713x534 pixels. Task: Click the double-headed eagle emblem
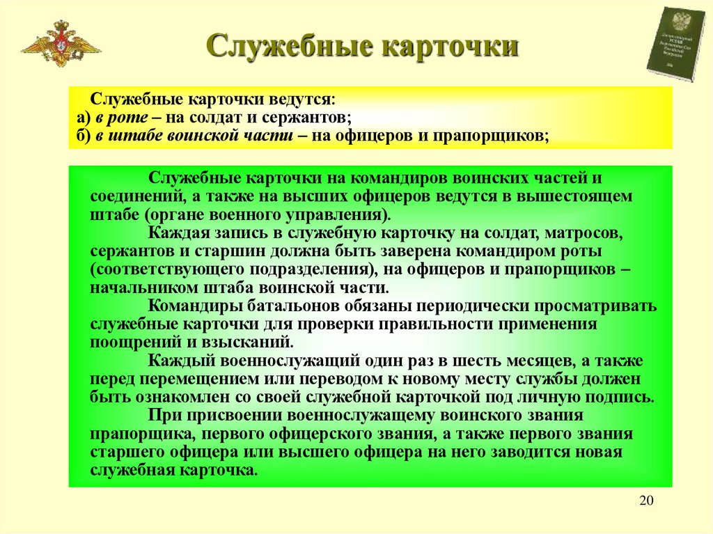tap(61, 44)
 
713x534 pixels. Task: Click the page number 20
tap(646, 502)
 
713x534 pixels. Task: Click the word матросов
tap(590, 232)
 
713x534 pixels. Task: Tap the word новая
tap(598, 452)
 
